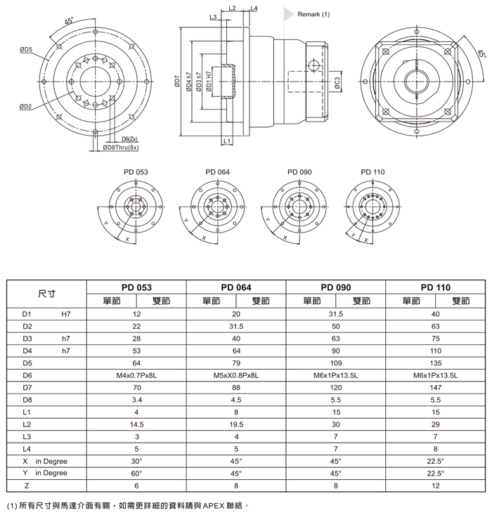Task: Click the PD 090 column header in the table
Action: point(335,287)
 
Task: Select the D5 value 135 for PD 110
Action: point(435,363)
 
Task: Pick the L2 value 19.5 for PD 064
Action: point(236,424)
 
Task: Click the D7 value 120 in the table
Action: point(335,388)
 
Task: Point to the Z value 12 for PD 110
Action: point(435,485)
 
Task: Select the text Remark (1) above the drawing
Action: point(313,14)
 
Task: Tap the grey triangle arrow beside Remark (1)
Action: point(287,13)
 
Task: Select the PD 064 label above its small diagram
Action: point(218,171)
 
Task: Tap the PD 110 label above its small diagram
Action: point(373,171)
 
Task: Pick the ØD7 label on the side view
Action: point(176,83)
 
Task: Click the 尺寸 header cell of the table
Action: point(46,294)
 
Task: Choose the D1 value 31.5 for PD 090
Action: point(335,315)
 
